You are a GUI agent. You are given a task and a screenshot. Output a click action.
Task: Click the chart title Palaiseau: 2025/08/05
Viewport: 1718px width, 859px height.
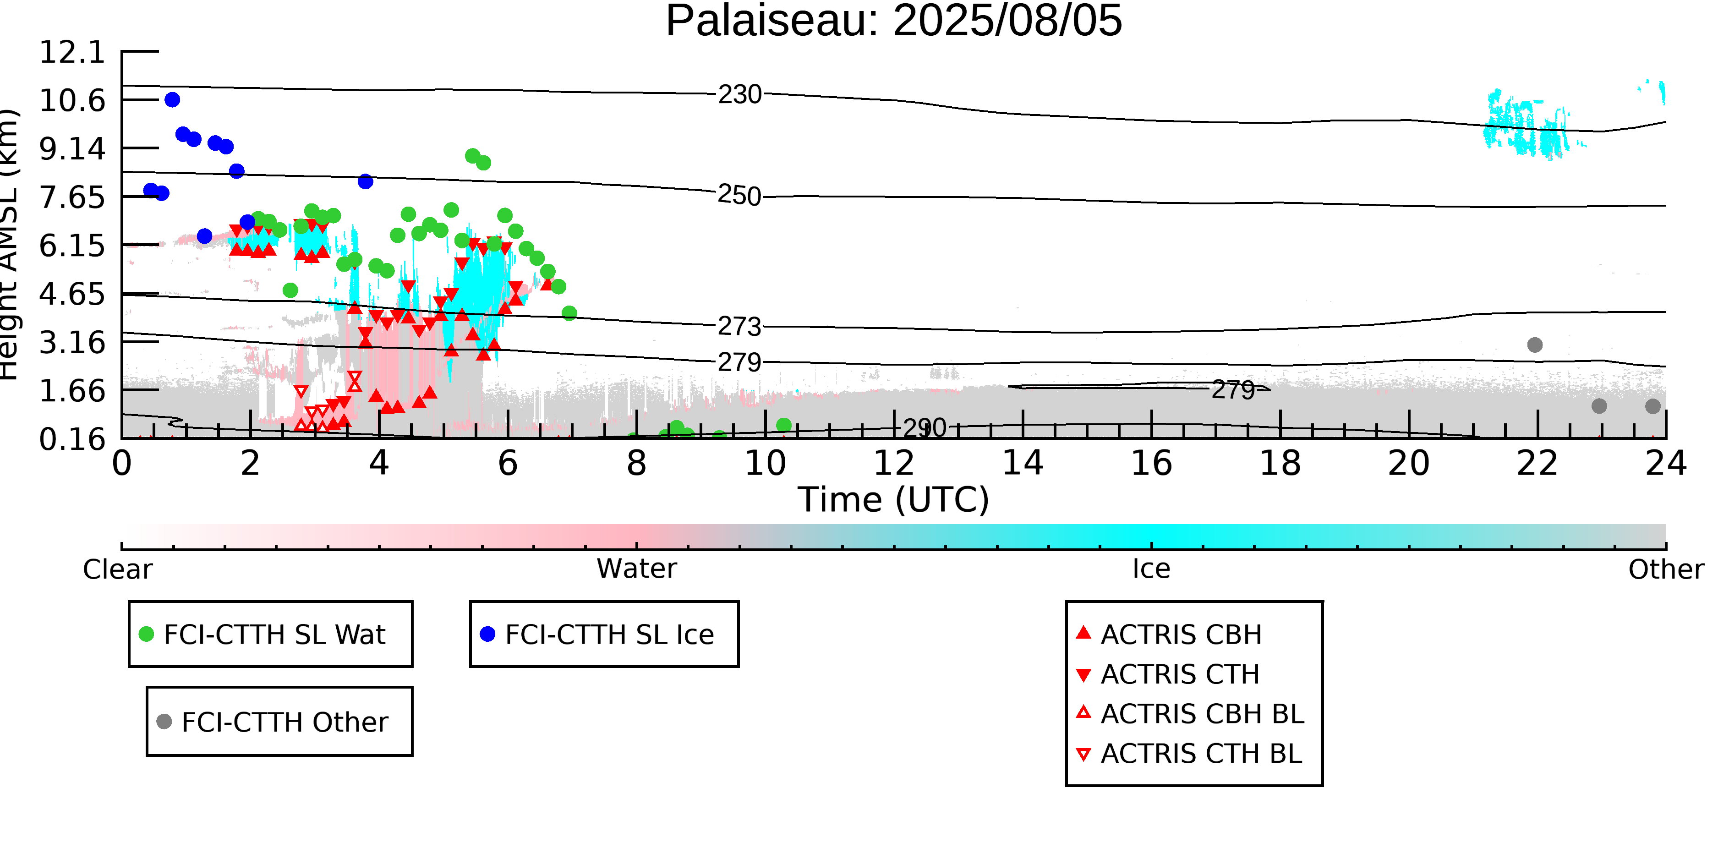click(894, 22)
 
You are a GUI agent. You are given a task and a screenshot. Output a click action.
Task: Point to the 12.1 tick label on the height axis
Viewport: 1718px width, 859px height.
click(72, 52)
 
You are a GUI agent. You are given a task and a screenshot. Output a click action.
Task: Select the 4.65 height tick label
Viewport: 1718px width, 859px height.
click(72, 294)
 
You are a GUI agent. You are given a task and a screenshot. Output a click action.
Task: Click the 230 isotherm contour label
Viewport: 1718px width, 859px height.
click(739, 95)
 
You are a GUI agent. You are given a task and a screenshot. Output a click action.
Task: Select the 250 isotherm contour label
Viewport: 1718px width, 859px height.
click(739, 196)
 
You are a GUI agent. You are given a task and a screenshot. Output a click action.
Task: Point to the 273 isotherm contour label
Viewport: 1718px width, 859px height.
click(739, 327)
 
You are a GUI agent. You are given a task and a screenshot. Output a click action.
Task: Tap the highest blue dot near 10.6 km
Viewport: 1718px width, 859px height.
click(172, 100)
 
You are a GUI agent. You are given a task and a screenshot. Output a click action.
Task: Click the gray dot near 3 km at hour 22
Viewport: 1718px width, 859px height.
click(1535, 345)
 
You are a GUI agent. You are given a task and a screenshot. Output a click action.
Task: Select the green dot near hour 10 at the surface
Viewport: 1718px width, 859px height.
click(784, 425)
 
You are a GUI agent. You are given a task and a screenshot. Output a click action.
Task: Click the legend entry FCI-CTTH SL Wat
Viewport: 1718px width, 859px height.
click(274, 634)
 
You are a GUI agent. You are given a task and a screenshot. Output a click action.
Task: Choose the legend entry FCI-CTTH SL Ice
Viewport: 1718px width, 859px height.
click(609, 634)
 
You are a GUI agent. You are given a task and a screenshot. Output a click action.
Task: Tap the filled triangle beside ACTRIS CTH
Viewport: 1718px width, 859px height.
click(1084, 675)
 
